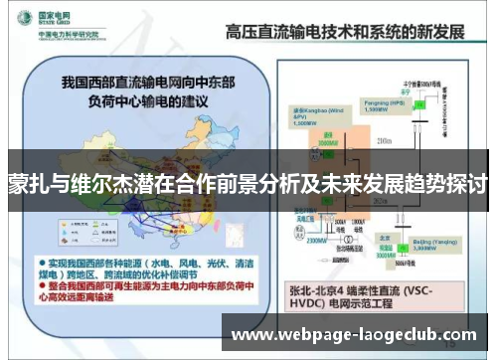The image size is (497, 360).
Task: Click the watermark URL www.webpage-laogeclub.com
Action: point(353,335)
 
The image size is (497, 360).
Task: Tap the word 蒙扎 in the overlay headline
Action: point(28,185)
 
